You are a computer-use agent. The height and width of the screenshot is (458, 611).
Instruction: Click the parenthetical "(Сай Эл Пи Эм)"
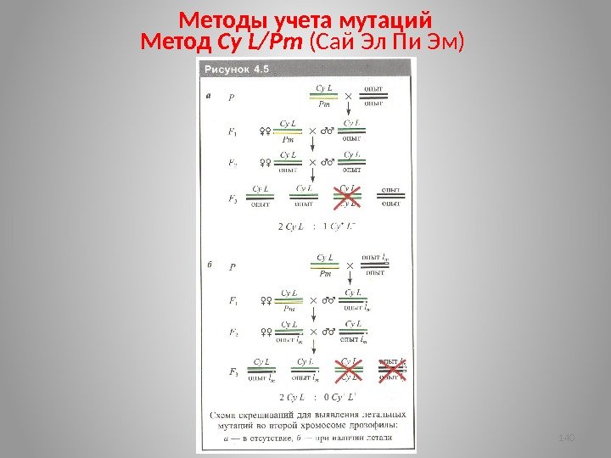[389, 41]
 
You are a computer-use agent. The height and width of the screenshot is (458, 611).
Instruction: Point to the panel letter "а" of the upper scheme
[210, 96]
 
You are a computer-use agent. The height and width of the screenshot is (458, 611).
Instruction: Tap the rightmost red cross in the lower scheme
[391, 369]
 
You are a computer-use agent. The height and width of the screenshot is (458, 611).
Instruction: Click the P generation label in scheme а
[232, 97]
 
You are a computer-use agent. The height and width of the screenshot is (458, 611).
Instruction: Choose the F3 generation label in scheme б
[233, 371]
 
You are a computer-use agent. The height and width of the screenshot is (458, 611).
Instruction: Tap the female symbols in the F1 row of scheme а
[266, 131]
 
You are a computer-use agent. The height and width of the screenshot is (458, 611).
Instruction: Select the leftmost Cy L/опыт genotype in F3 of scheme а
[261, 196]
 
